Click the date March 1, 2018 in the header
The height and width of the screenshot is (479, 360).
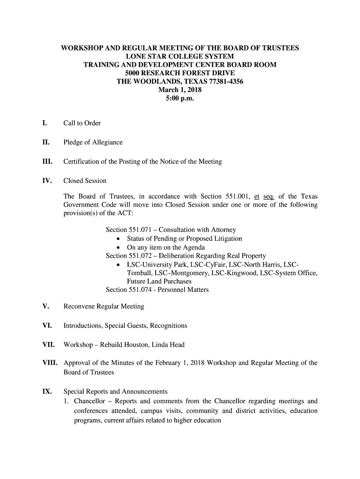(x=180, y=90)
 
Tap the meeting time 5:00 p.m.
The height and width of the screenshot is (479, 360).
(x=180, y=99)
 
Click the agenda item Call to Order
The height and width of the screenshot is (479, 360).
(x=82, y=123)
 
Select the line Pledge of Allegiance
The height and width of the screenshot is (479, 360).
(x=93, y=143)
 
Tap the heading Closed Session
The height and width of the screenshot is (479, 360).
(x=85, y=181)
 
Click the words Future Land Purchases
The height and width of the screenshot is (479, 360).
(x=159, y=282)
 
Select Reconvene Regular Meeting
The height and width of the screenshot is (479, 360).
(x=104, y=307)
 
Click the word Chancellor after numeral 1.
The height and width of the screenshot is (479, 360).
(x=91, y=401)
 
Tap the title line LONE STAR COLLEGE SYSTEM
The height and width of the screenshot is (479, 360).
(x=180, y=56)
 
